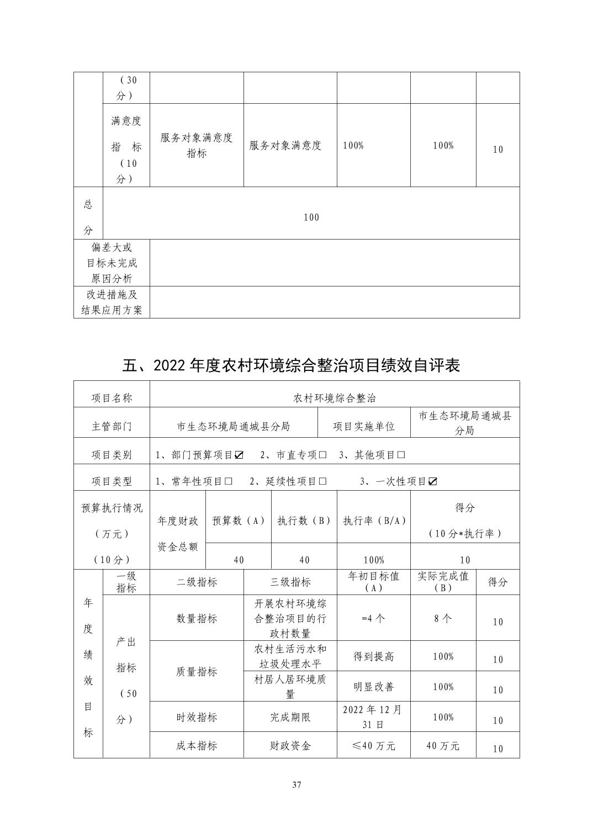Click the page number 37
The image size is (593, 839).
(296, 785)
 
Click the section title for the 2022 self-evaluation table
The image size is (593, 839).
(292, 365)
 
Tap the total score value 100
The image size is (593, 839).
(311, 217)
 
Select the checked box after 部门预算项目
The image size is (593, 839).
(239, 455)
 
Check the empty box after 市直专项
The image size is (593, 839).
(323, 455)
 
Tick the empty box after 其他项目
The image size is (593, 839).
(401, 455)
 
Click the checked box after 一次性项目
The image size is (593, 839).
(433, 481)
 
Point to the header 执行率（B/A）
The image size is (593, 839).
(374, 521)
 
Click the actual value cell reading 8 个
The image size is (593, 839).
(443, 618)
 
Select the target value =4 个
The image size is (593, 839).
(373, 618)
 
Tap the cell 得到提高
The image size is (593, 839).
(373, 657)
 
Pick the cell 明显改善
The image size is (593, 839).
(373, 687)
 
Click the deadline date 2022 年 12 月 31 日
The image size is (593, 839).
(373, 716)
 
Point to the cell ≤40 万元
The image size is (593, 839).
(373, 746)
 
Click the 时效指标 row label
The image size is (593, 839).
(197, 717)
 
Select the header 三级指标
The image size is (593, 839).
(290, 582)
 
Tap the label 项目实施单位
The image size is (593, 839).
(364, 426)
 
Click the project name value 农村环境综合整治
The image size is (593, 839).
(335, 397)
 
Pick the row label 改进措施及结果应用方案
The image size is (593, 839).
(112, 302)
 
